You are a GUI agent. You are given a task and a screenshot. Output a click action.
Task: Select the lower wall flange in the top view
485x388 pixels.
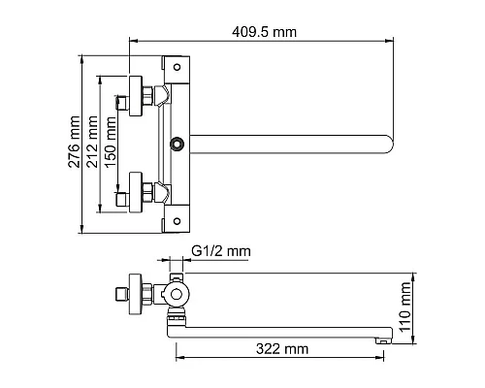(x=134, y=194)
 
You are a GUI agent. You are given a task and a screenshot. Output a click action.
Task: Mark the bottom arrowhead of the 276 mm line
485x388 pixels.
(x=84, y=231)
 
